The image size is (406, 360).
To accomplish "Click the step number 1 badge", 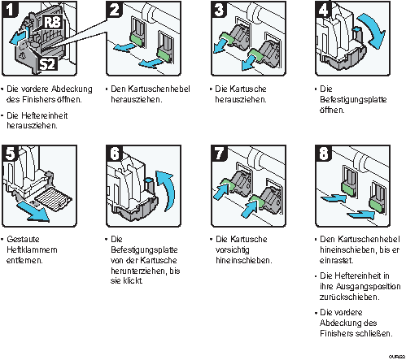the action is [x=9, y=9].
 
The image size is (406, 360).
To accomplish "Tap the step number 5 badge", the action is [x=10, y=154].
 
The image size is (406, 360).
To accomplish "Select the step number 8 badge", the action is [x=324, y=154].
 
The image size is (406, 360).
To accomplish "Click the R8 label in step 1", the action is [x=52, y=22].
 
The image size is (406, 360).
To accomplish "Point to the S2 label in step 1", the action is [x=48, y=64].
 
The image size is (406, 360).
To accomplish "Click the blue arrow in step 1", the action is [x=19, y=37].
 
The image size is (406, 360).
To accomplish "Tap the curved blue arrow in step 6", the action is [x=168, y=189].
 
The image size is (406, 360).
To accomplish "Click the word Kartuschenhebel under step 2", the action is [x=159, y=89].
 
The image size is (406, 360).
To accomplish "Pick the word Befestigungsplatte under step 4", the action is [x=353, y=100].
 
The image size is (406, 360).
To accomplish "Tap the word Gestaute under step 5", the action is [x=23, y=239].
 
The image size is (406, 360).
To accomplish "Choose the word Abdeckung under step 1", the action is [x=72, y=89].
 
